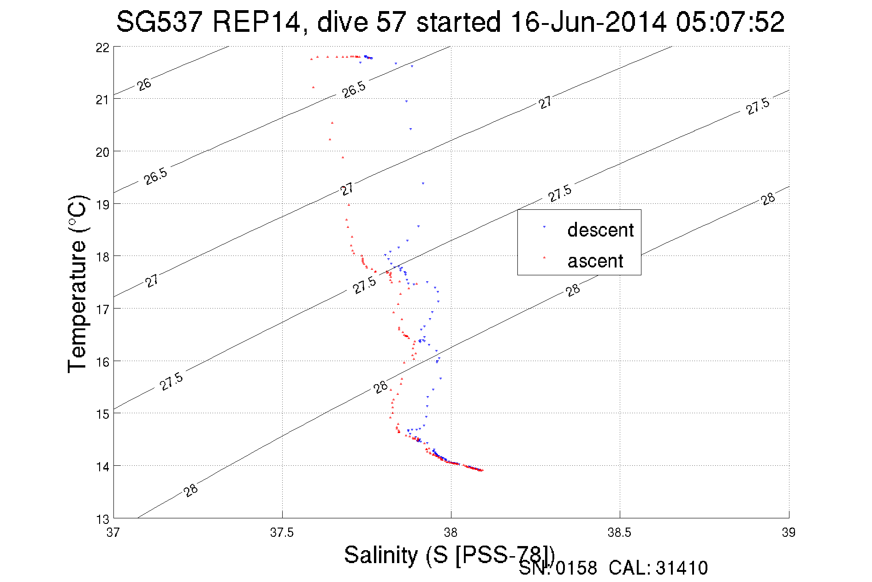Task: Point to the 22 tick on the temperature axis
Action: (x=102, y=48)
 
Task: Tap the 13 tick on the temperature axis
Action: (x=102, y=519)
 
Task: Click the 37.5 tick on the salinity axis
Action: (x=282, y=533)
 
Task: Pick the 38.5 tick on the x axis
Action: (x=619, y=533)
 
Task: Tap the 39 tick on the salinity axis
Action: (x=789, y=533)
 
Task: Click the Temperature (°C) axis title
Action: (x=77, y=283)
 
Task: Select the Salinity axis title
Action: (x=449, y=554)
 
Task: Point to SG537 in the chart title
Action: (x=159, y=22)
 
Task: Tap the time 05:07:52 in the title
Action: (x=730, y=22)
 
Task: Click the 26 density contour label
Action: (x=144, y=84)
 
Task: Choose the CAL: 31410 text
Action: (x=658, y=568)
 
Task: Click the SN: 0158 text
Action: (x=558, y=568)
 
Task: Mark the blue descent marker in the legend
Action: (x=544, y=227)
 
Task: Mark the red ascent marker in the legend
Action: (x=544, y=257)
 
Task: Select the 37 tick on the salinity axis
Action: (x=113, y=533)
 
